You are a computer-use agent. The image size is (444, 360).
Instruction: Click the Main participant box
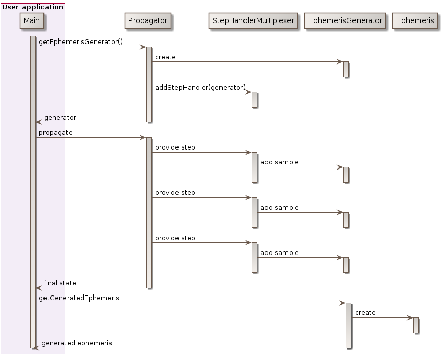click(32, 20)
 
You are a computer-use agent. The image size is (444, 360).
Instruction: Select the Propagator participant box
click(147, 20)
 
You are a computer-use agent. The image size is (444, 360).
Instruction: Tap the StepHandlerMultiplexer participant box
click(253, 20)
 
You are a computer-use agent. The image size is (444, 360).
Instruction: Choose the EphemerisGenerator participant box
click(345, 20)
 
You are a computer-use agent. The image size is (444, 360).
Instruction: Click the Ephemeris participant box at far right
click(415, 20)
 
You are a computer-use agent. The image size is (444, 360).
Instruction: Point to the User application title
click(33, 7)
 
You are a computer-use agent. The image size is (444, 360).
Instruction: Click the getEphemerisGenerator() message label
click(81, 41)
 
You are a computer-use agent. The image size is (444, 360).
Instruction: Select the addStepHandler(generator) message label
click(200, 87)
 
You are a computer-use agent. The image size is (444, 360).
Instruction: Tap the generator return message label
click(60, 117)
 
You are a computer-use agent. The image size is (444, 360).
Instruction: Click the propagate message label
click(56, 132)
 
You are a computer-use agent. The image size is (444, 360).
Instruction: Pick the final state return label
click(60, 282)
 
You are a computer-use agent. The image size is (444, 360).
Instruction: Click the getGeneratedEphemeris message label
click(79, 298)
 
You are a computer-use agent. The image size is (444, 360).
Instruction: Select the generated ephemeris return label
click(77, 343)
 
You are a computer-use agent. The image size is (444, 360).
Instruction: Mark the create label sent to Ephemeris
click(365, 312)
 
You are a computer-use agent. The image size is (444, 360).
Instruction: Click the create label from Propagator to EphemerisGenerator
click(165, 57)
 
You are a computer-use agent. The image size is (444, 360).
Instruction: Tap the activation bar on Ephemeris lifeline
click(416, 325)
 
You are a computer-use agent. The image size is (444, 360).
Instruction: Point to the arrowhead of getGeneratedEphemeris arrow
click(342, 303)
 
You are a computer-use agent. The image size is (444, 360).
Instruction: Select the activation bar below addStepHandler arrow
click(254, 99)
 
